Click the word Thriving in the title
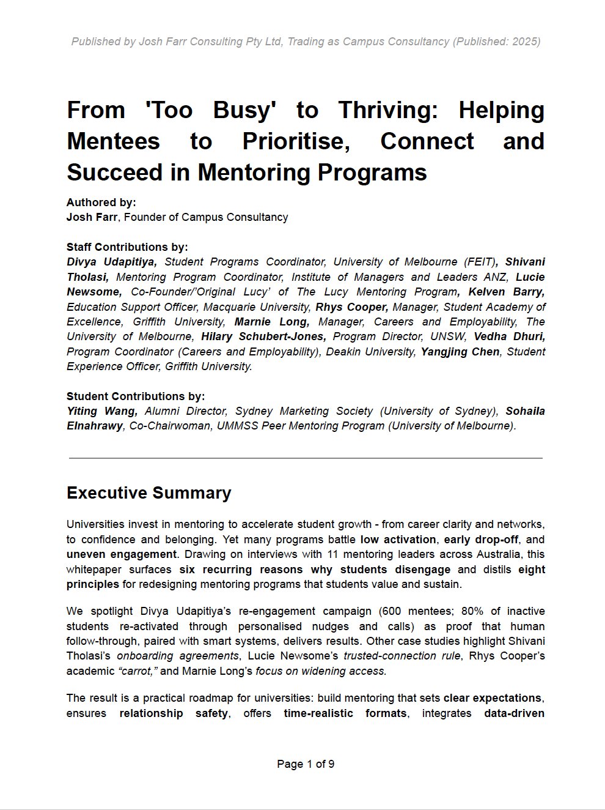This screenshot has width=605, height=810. (x=388, y=111)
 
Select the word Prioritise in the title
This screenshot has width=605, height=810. (x=296, y=142)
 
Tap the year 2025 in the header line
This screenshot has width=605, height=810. (x=526, y=42)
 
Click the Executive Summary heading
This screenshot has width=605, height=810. (x=148, y=493)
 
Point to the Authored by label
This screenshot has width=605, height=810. (x=101, y=202)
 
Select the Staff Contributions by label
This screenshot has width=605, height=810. (x=127, y=247)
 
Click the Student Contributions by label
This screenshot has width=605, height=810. (x=136, y=396)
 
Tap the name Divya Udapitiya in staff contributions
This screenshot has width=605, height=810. (x=111, y=262)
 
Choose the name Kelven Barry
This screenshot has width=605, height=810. (x=506, y=292)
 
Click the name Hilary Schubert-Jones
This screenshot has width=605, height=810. (x=263, y=336)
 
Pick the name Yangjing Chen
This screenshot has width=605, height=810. (x=460, y=352)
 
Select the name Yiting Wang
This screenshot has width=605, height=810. (x=101, y=411)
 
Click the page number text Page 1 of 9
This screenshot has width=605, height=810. (x=306, y=764)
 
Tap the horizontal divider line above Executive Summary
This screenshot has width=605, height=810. (x=306, y=458)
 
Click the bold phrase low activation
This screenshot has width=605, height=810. (x=398, y=540)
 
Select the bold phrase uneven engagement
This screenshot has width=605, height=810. (x=122, y=554)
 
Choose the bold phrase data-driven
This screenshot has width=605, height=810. (x=514, y=713)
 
